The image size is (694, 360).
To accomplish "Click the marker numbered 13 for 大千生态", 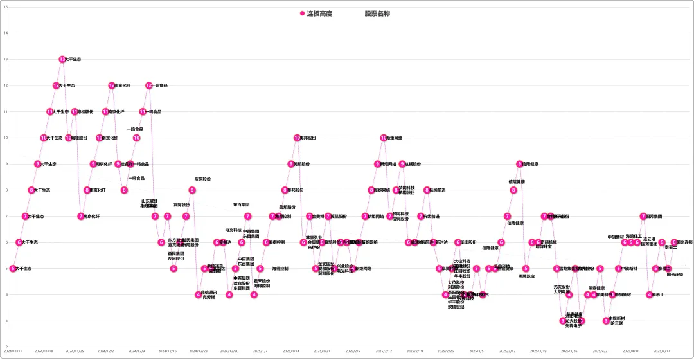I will click(x=62, y=59).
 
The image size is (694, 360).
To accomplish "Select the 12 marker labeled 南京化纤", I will click(x=111, y=85).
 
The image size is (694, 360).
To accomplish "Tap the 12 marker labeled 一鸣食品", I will click(x=148, y=85).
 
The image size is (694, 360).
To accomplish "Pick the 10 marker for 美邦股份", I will click(x=297, y=138).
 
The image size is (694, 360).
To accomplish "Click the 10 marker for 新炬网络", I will click(x=384, y=138).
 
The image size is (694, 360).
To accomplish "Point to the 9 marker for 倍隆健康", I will click(x=519, y=164).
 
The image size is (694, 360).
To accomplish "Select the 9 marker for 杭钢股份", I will click(x=402, y=164).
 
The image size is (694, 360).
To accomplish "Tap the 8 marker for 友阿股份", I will click(x=191, y=190).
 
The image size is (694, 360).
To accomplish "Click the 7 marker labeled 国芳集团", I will click(x=643, y=216).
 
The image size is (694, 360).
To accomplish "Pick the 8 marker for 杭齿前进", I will click(x=427, y=190).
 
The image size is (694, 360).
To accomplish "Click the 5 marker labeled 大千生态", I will click(x=13, y=268).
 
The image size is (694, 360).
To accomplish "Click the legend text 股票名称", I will click(x=377, y=14).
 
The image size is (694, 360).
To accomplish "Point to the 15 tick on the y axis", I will click(x=6, y=7).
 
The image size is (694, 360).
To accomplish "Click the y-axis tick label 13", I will click(x=6, y=59).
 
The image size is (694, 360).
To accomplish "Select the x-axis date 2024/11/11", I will click(x=13, y=352).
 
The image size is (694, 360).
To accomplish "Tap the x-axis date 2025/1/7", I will click(x=260, y=352).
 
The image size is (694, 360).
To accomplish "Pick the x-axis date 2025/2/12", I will click(x=384, y=352).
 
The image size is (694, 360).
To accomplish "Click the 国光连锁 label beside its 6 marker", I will click(x=685, y=242).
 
